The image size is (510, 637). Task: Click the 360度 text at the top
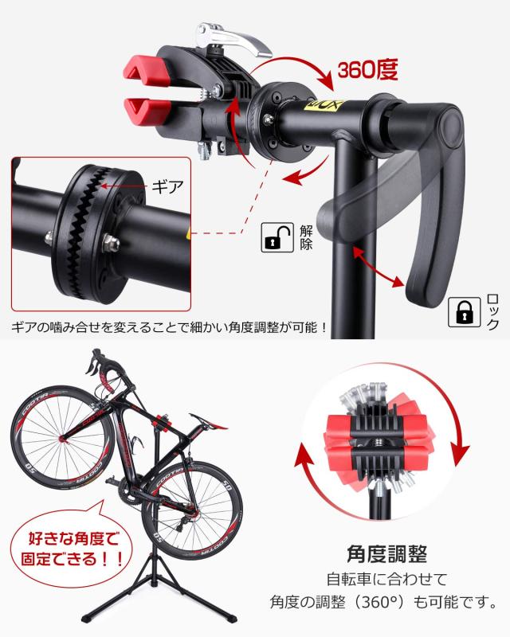[x=363, y=72]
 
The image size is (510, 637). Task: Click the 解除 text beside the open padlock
[x=306, y=237]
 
